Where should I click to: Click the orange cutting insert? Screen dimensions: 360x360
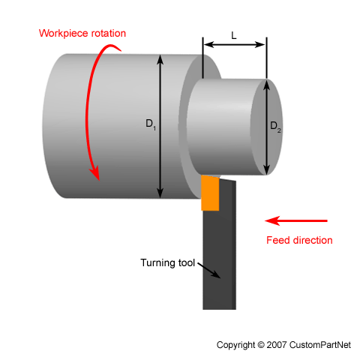click(210, 193)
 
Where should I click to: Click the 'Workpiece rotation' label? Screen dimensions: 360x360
click(82, 34)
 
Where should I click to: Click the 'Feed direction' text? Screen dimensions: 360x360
click(299, 240)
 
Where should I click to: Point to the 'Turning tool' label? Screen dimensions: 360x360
click(167, 263)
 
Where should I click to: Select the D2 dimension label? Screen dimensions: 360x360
click(276, 124)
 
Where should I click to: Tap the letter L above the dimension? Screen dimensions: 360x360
click(235, 35)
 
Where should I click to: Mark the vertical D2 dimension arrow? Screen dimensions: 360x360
click(267, 150)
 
